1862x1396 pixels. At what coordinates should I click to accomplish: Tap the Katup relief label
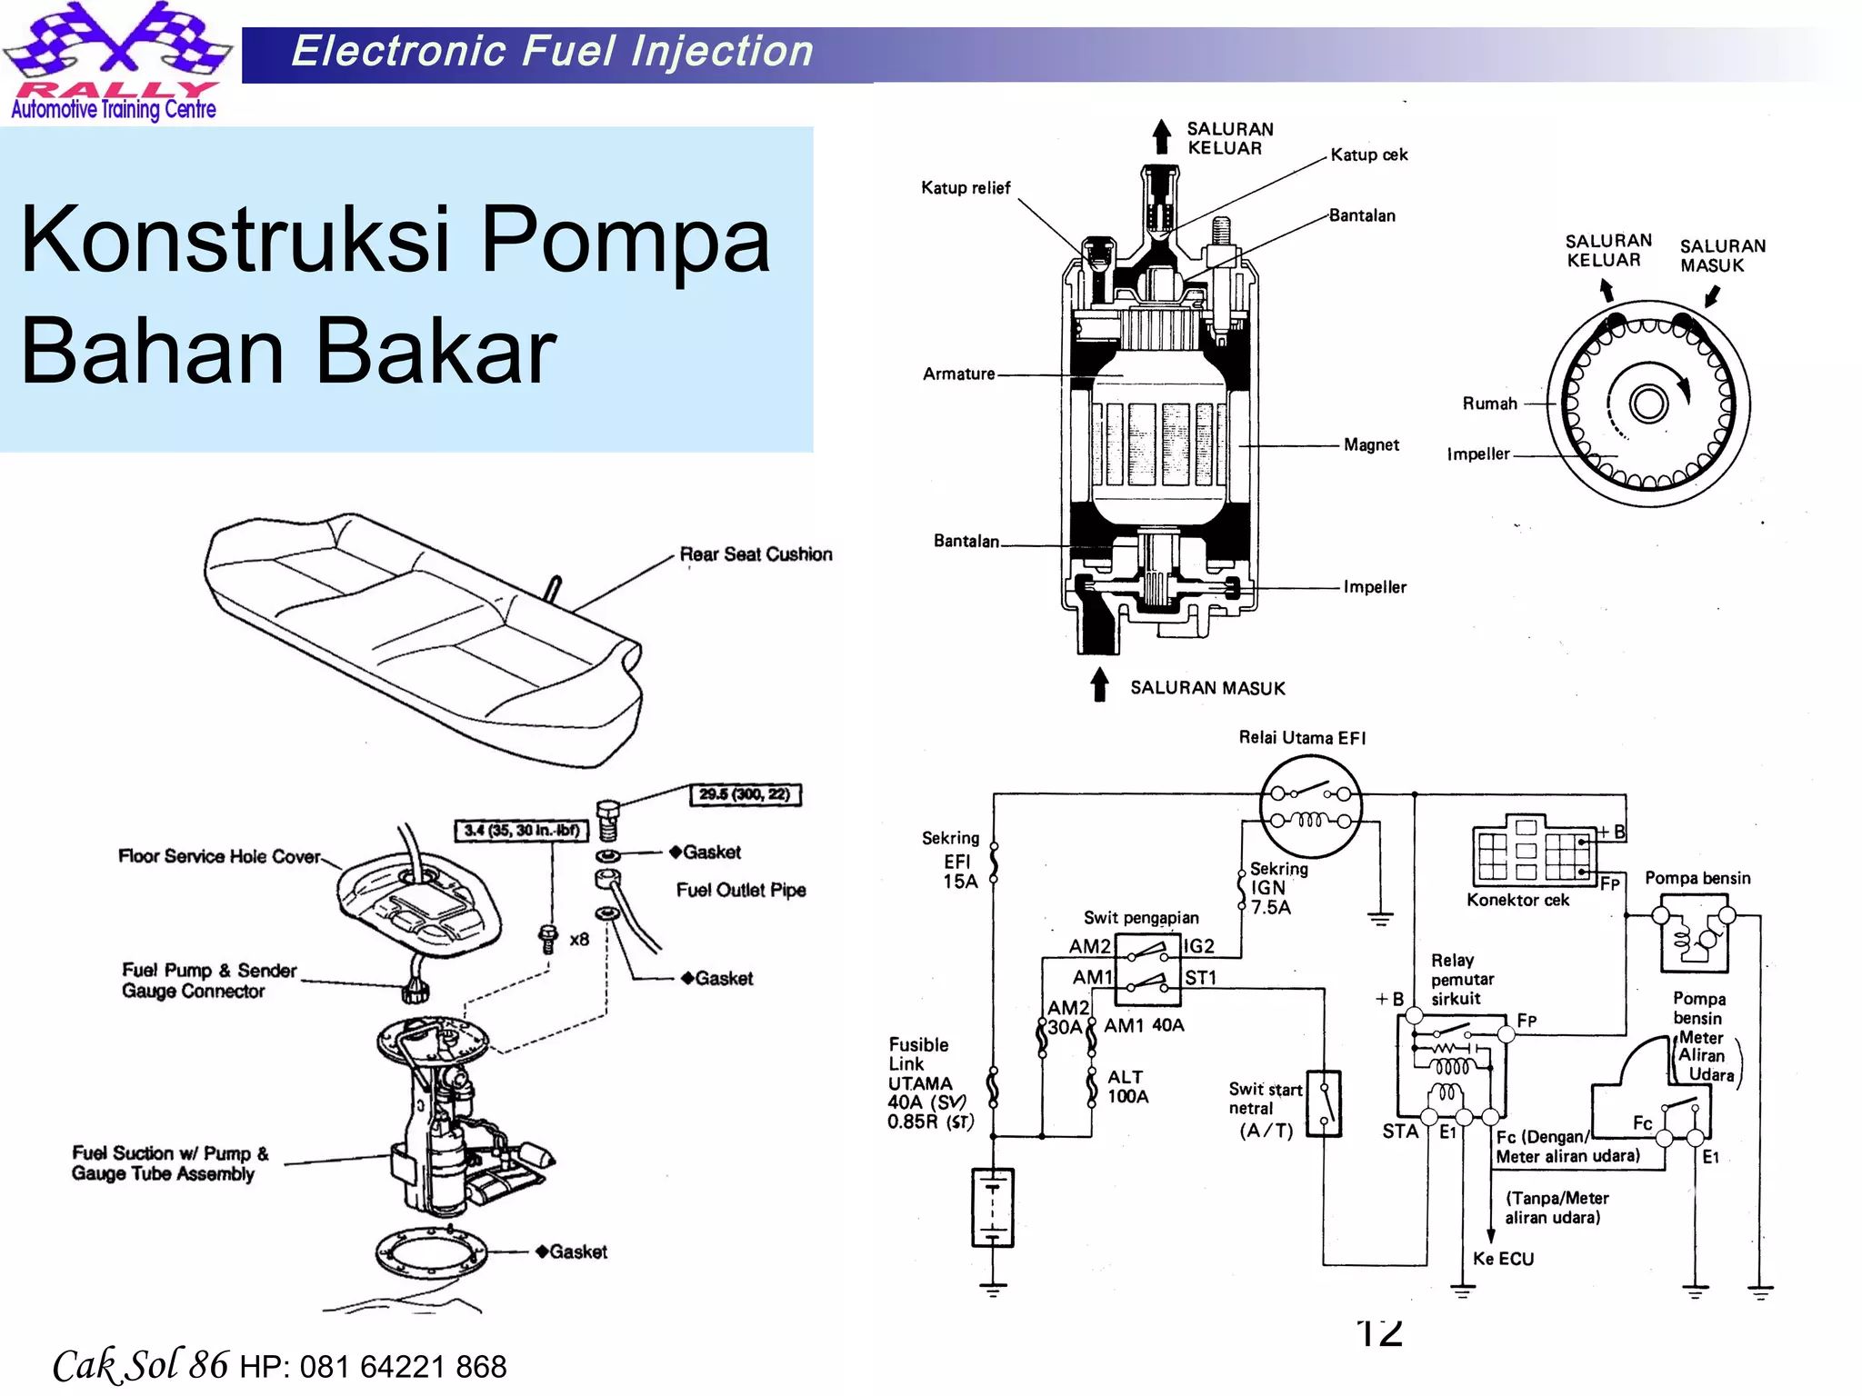965,188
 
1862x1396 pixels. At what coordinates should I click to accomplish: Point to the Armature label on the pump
958,374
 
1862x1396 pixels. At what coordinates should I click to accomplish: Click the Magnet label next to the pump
1371,444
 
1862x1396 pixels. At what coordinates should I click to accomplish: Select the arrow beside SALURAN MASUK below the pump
1099,685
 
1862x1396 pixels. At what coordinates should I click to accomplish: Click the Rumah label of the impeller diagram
1489,404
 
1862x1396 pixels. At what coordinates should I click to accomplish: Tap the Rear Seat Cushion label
756,554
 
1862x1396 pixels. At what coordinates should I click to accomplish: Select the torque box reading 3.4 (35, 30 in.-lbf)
521,830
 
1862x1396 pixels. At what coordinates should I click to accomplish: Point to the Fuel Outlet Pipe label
740,890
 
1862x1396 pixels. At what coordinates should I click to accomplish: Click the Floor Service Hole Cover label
219,856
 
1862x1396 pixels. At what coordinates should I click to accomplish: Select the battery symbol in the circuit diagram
992,1208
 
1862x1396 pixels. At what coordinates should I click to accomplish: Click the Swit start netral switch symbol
1324,1104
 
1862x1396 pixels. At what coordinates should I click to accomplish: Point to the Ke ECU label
1503,1259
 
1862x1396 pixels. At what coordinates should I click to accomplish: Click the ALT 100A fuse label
1126,1087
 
